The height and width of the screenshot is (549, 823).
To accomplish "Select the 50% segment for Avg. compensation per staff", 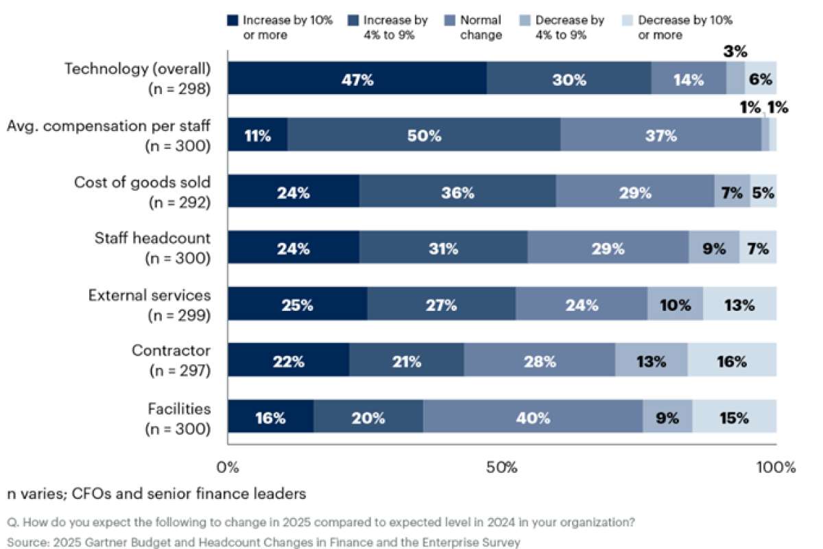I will [x=424, y=135].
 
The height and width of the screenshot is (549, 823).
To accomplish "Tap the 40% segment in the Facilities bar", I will [x=533, y=417].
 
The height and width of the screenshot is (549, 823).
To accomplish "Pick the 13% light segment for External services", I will [x=740, y=304].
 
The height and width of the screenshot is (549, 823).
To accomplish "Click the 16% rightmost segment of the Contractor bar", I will [x=732, y=360].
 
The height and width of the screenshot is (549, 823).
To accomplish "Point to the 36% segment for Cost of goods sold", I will [x=457, y=191].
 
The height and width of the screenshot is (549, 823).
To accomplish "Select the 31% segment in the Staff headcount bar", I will [x=443, y=248].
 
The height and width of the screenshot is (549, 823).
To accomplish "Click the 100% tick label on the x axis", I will [x=776, y=468].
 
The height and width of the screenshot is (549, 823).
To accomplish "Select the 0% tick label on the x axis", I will [x=228, y=468].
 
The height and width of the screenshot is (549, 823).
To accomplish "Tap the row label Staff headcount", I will [x=152, y=238].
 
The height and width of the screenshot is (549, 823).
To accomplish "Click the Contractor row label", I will [x=171, y=351].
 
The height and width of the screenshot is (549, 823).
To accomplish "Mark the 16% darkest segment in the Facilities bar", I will [x=270, y=417].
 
